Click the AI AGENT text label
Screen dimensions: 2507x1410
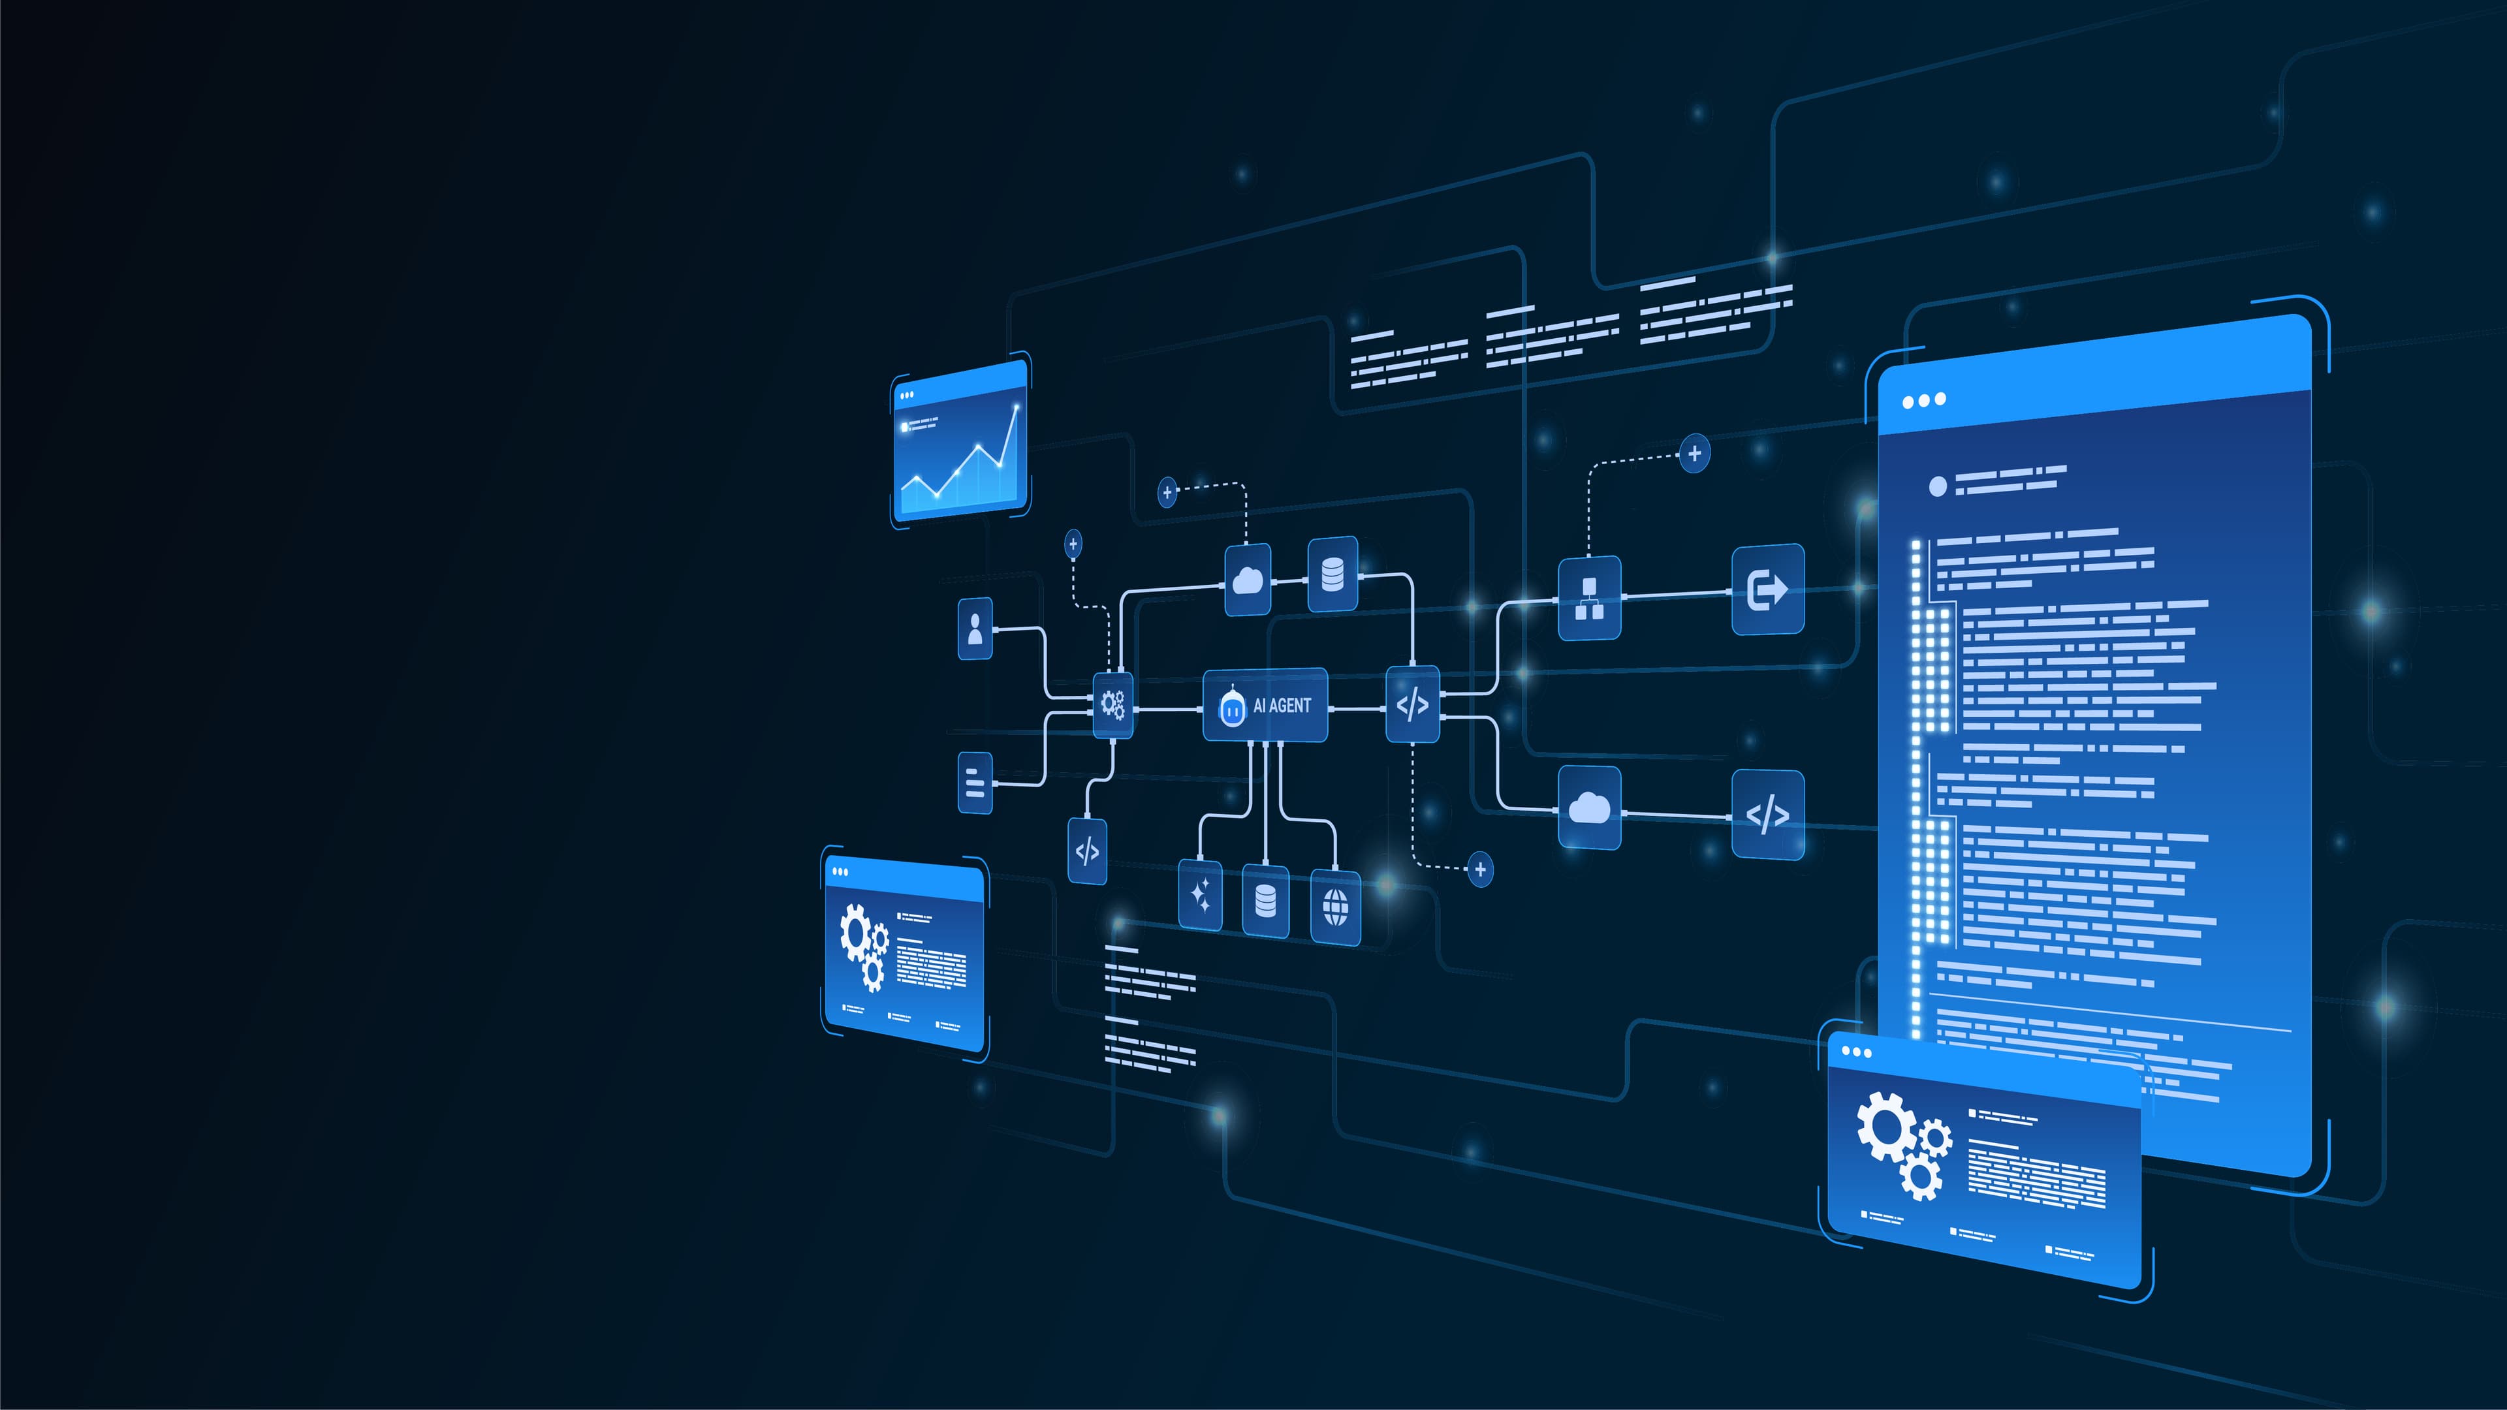pos(1282,706)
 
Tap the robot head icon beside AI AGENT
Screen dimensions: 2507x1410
pos(1232,706)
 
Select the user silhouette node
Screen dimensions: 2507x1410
pos(975,629)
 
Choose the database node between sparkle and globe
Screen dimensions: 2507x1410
pos(1265,901)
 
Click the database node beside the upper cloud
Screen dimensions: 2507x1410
pos(1332,574)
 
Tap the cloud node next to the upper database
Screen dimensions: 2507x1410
pos(1248,581)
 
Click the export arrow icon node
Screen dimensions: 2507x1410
pos(1767,589)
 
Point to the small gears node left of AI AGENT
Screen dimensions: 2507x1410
pos(1112,704)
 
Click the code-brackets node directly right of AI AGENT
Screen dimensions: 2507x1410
pos(1412,704)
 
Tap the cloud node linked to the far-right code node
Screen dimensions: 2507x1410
pos(1589,807)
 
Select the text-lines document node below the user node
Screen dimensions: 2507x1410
pos(975,783)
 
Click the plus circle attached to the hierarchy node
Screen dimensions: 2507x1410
pos(1694,454)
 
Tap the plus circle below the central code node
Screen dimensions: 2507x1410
pos(1480,869)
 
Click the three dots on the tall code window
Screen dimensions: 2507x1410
pos(1924,400)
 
